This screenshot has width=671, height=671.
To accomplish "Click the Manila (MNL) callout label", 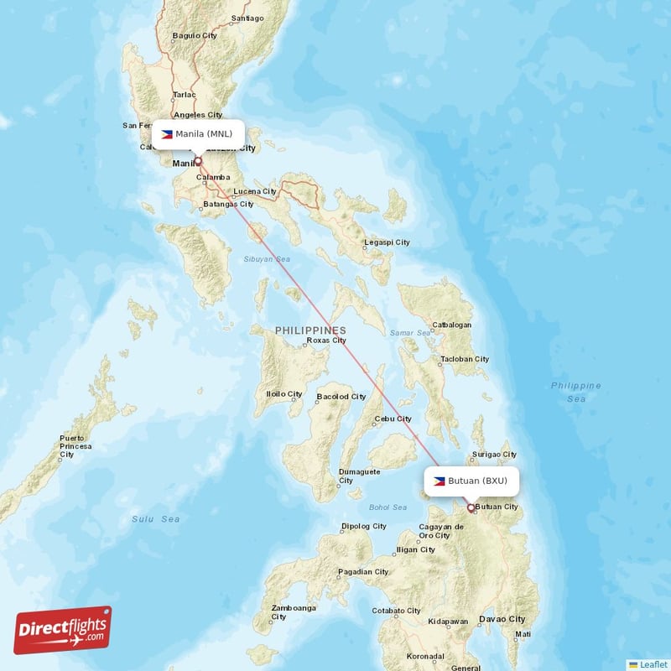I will (x=198, y=134).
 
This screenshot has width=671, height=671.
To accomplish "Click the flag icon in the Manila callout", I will (x=167, y=134).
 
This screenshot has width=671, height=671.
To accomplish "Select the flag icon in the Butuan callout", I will (x=440, y=481).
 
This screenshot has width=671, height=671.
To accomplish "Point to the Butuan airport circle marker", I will (x=471, y=507).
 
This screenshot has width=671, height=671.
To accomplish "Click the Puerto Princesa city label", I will (x=75, y=443).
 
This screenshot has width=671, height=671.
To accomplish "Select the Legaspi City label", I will (x=387, y=242).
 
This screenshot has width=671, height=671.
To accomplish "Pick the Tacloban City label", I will (x=464, y=359).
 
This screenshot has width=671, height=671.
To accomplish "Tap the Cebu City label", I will (x=393, y=419).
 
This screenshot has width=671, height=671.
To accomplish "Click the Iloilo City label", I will (x=283, y=393).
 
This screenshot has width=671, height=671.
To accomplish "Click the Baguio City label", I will (x=194, y=35).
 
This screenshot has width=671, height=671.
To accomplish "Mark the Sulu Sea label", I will (x=155, y=519).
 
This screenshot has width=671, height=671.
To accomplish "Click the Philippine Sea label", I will (x=575, y=392).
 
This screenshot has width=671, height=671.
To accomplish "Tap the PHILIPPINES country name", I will (x=310, y=330).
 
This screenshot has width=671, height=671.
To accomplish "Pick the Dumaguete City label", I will (x=359, y=476).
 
